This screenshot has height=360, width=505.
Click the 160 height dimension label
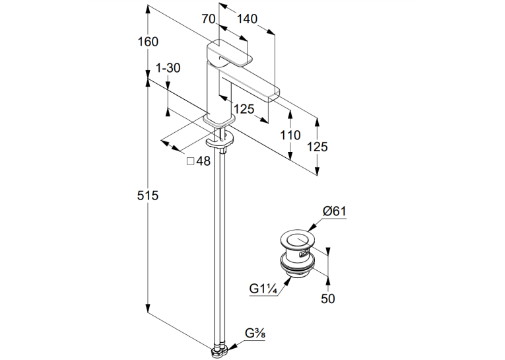pos(148,42)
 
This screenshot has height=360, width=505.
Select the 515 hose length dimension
pos(148,196)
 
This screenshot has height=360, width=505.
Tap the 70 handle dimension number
pos(209,19)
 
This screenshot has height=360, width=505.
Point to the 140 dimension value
pos(247,19)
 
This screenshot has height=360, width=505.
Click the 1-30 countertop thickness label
pos(168,68)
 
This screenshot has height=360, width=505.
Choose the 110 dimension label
pos(290,135)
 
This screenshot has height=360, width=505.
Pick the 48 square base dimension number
pos(203,161)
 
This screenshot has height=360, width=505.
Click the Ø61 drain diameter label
pos(335,211)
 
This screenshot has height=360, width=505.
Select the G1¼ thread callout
pos(263,289)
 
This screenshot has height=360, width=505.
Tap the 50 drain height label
pos(328,299)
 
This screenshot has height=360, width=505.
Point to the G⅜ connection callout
pos(255,334)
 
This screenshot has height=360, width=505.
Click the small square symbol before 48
pos(191,161)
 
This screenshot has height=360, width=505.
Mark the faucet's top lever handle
pos(229,54)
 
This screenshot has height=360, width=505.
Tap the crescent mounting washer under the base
pos(220,141)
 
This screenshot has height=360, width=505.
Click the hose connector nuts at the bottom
pos(220,351)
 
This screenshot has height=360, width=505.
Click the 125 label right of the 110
pos(318,147)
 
